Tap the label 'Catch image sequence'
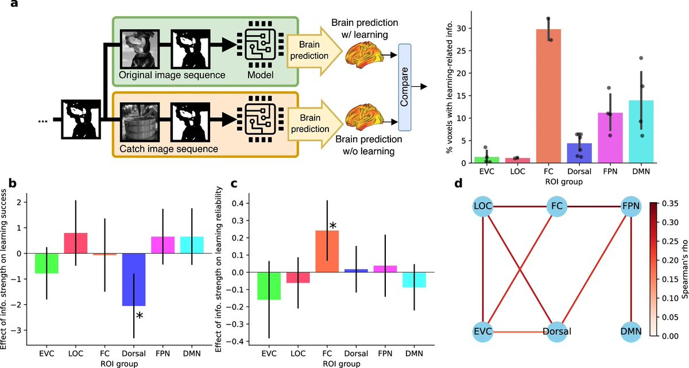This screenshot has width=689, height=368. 162,149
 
